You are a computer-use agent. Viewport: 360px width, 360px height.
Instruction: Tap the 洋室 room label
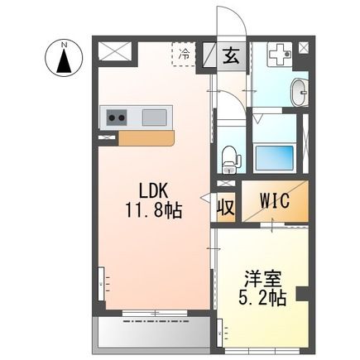[261, 278]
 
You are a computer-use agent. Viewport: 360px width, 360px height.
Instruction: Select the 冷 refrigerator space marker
[184, 53]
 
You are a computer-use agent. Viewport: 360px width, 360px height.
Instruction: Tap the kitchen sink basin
[155, 118]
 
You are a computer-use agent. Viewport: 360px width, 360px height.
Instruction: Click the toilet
[231, 156]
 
